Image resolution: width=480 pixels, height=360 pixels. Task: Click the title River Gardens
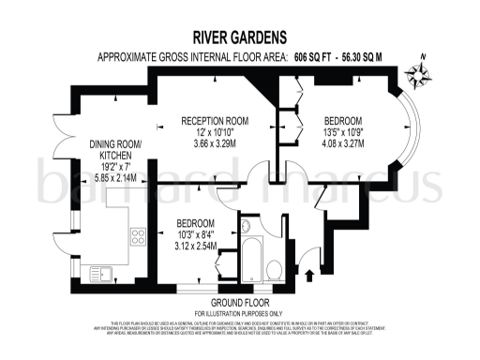(x=240, y=38)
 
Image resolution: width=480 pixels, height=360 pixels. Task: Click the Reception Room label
(x=214, y=120)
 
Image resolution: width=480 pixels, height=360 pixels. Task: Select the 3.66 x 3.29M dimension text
(x=214, y=146)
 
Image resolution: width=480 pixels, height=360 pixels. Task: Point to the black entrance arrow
(x=310, y=274)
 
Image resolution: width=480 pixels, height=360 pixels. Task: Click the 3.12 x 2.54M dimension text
(x=195, y=247)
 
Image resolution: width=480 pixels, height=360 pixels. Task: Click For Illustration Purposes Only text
(x=240, y=312)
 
